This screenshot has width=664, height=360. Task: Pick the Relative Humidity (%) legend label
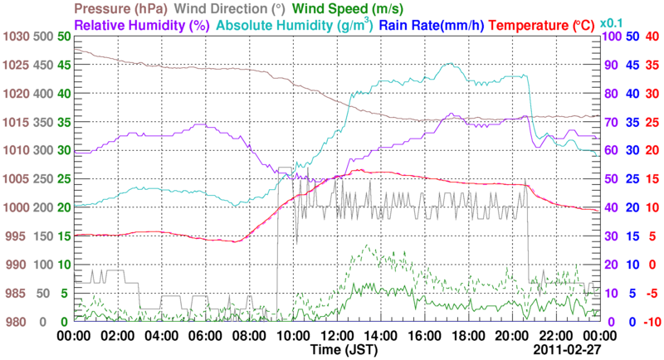[141, 26]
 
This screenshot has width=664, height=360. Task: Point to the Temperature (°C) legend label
[546, 26]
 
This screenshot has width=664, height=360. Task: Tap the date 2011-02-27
[567, 351]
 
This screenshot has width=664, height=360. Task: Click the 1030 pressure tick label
[16, 36]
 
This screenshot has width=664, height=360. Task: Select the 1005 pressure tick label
[16, 179]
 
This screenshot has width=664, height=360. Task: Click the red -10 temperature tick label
[652, 322]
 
